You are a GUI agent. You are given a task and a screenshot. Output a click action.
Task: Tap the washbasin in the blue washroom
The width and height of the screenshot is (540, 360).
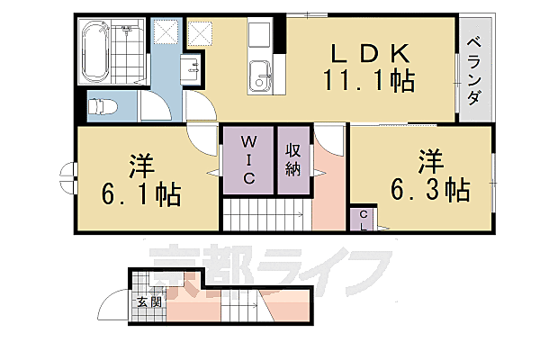(x=191, y=67)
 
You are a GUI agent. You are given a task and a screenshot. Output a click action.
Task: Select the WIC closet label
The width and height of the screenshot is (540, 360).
(x=249, y=159)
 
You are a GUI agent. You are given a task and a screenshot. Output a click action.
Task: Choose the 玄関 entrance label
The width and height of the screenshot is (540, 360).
(x=148, y=302)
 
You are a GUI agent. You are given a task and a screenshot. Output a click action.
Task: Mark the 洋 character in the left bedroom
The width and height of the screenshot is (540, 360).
(x=139, y=166)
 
